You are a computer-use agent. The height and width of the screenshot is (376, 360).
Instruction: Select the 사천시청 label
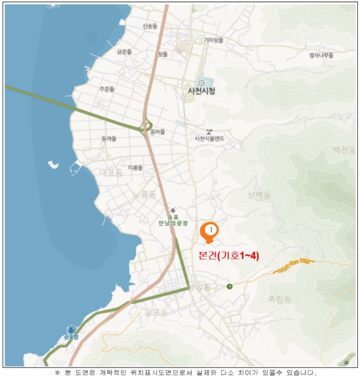click(x=201, y=91)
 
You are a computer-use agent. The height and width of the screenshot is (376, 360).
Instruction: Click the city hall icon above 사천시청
click(x=201, y=83)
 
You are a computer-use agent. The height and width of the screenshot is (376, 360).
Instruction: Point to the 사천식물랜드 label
click(x=209, y=139)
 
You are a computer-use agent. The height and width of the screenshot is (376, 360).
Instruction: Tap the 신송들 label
click(x=150, y=26)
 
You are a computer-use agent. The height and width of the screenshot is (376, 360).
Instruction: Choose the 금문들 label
click(x=124, y=52)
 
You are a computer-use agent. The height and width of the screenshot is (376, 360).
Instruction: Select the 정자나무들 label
click(x=321, y=55)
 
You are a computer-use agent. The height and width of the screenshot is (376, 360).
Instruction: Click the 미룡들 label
click(x=135, y=168)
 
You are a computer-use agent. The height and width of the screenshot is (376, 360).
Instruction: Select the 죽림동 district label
click(x=279, y=299)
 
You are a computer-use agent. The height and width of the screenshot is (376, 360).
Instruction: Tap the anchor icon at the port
click(x=70, y=329)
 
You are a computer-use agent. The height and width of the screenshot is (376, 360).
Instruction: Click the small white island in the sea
click(x=53, y=163)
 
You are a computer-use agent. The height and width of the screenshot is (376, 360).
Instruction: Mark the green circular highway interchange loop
click(x=144, y=127)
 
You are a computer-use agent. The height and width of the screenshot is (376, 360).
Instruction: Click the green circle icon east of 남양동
click(x=229, y=286)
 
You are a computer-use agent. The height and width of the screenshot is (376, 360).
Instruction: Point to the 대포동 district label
click(x=112, y=173)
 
